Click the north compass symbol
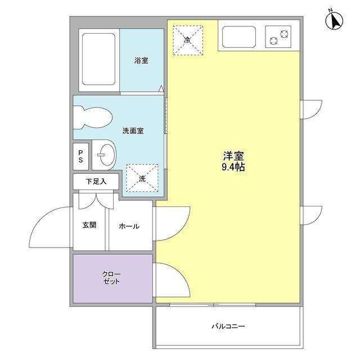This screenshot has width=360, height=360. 335,21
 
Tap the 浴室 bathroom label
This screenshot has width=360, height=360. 141,60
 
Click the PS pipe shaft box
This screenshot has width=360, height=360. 80,156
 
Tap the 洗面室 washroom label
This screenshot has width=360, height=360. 133,131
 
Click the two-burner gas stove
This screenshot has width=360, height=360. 278,37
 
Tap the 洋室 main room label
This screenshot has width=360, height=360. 233,156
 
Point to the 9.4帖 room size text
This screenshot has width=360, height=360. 233,168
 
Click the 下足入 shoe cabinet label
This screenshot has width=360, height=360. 96,182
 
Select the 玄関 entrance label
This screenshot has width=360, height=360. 89,225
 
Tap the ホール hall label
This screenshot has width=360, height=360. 129,226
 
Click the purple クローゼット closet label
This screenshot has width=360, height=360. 111,278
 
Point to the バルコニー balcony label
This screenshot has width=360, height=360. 228,326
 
